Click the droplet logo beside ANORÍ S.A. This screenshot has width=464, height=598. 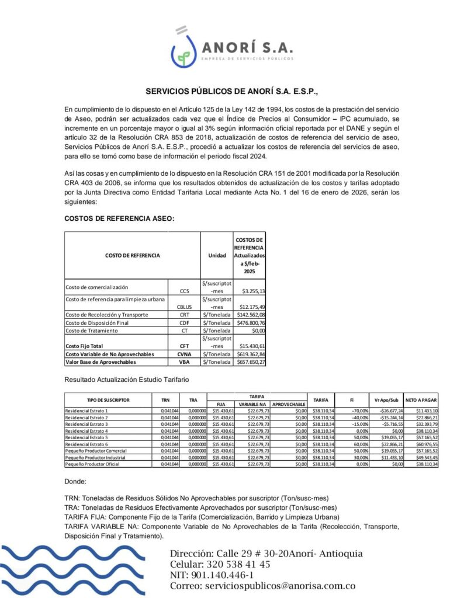(x=183, y=50)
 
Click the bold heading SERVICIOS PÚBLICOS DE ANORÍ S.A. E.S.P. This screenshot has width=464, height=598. (x=231, y=92)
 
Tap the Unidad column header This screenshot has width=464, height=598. (x=217, y=255)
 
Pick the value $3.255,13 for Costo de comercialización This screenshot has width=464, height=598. (x=250, y=290)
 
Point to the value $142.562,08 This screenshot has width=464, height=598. (x=250, y=315)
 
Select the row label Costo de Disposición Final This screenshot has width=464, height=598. (x=96, y=322)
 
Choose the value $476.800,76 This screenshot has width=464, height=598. (x=250, y=322)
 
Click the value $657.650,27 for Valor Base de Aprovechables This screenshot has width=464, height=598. (x=250, y=362)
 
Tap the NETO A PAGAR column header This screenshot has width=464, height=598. (x=421, y=400)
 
